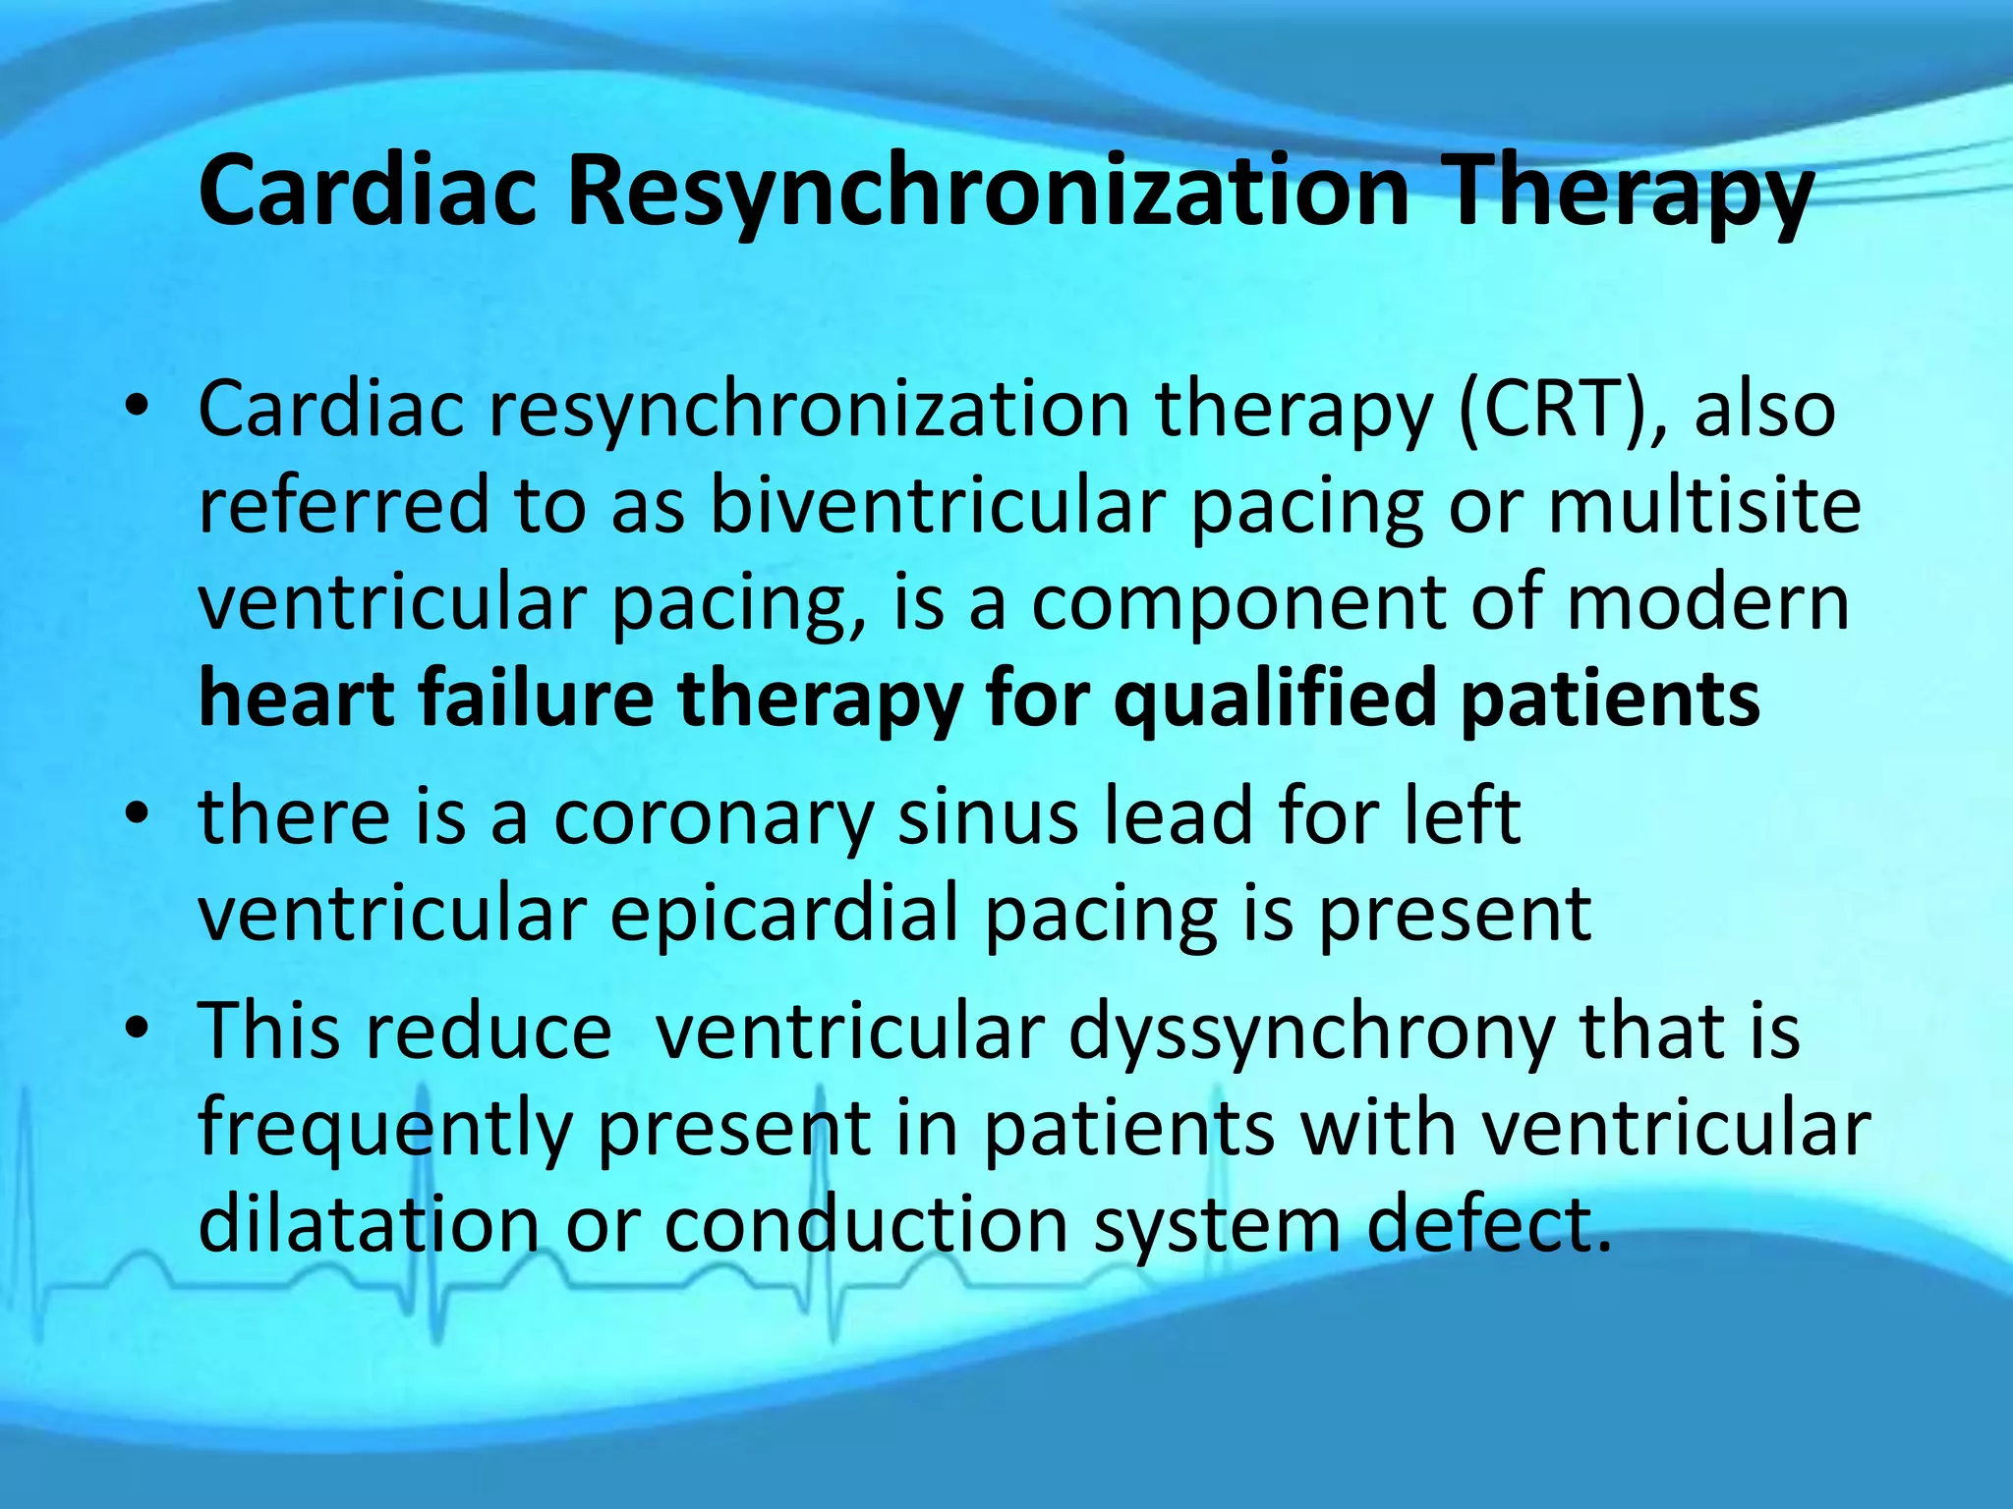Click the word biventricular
(x=938, y=505)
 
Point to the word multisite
(x=1704, y=505)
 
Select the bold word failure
(x=537, y=698)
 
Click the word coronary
(x=713, y=817)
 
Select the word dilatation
(x=369, y=1224)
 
